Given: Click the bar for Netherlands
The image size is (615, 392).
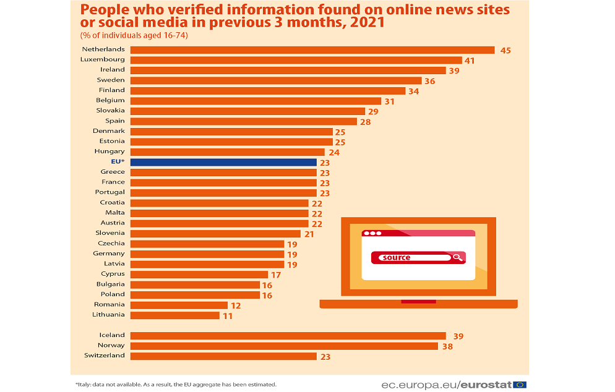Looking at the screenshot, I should pyautogui.click(x=312, y=49).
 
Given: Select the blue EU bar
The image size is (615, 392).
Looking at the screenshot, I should pyautogui.click(x=223, y=162).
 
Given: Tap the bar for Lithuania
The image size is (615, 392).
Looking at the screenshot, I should pyautogui.click(x=175, y=315).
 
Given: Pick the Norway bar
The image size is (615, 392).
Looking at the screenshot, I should pyautogui.click(x=284, y=346).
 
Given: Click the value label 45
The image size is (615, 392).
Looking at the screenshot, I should pyautogui.click(x=505, y=50).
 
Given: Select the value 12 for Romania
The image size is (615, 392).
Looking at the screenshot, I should pyautogui.click(x=235, y=305).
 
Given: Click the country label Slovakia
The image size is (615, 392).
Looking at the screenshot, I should pyautogui.click(x=110, y=110).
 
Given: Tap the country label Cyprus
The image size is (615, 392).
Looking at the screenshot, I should pyautogui.click(x=113, y=273).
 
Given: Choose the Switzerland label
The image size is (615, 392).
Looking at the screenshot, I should pyautogui.click(x=104, y=356).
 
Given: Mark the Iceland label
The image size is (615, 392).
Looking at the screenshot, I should pyautogui.click(x=112, y=335).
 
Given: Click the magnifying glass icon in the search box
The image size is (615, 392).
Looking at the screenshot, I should pyautogui.click(x=457, y=257).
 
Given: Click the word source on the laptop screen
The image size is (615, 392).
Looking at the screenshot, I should pyautogui.click(x=397, y=257).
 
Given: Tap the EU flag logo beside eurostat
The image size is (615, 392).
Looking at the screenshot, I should pyautogui.click(x=519, y=385).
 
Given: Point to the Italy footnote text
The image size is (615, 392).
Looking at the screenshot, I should pyautogui.click(x=176, y=385).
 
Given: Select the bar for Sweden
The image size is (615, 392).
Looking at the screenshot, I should pyautogui.click(x=276, y=80).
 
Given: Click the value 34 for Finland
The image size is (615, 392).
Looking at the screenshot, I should pyautogui.click(x=413, y=91).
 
